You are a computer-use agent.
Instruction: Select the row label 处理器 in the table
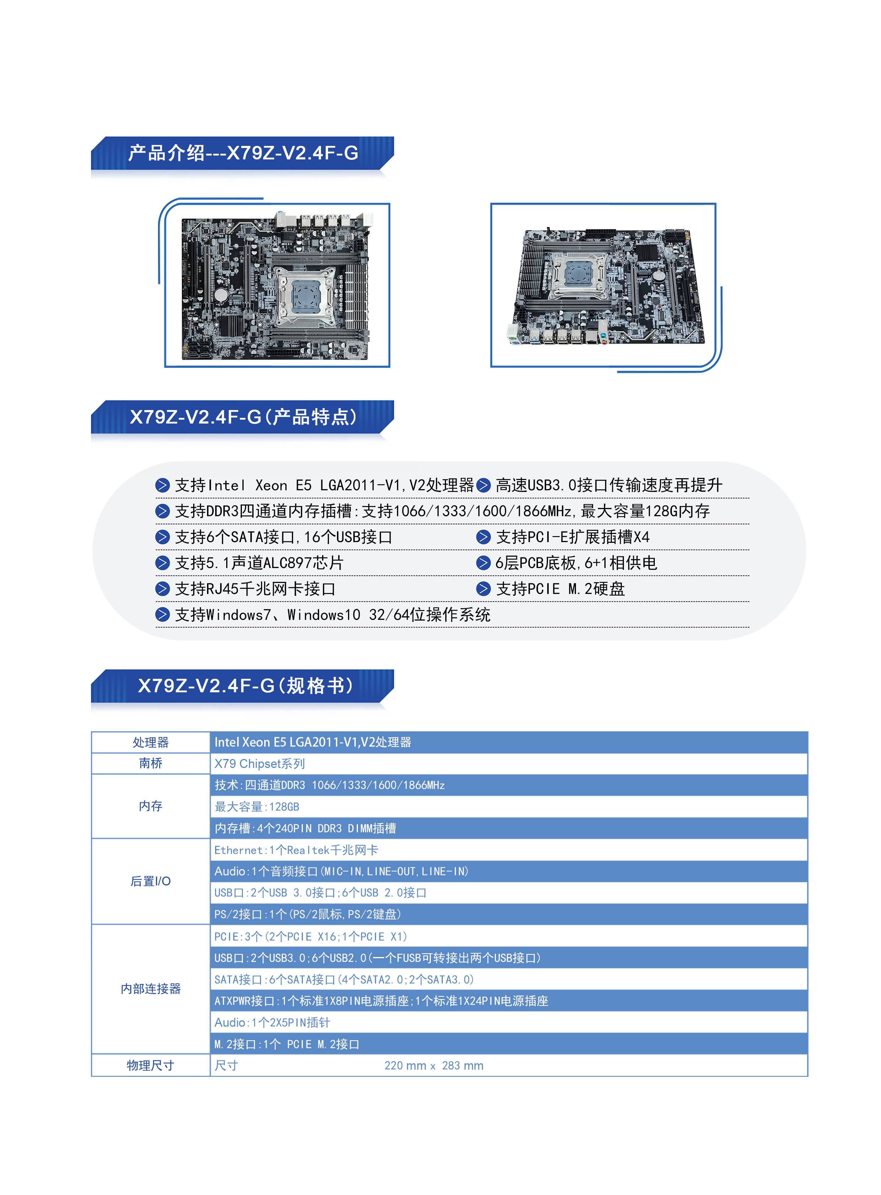pyautogui.click(x=151, y=742)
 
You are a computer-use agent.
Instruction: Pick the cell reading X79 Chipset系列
pyautogui.click(x=260, y=764)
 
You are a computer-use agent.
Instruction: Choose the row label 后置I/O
pyautogui.click(x=151, y=881)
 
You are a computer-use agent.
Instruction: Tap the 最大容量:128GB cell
pyautogui.click(x=257, y=806)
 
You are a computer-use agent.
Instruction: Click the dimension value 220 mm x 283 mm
pyautogui.click(x=434, y=1065)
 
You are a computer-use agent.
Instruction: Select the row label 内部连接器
pyautogui.click(x=151, y=989)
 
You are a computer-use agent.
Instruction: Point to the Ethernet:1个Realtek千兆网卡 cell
pyautogui.click(x=296, y=850)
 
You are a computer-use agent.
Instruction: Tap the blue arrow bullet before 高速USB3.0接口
pyautogui.click(x=483, y=485)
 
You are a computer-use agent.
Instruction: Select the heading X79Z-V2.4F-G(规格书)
pyautogui.click(x=245, y=686)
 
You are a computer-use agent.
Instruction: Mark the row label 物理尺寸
pyautogui.click(x=151, y=1065)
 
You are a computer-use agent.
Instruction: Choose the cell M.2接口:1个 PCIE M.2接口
pyautogui.click(x=287, y=1044)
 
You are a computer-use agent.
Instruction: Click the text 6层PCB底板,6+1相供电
pyautogui.click(x=576, y=563)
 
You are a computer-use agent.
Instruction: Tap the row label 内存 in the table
pyautogui.click(x=151, y=806)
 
